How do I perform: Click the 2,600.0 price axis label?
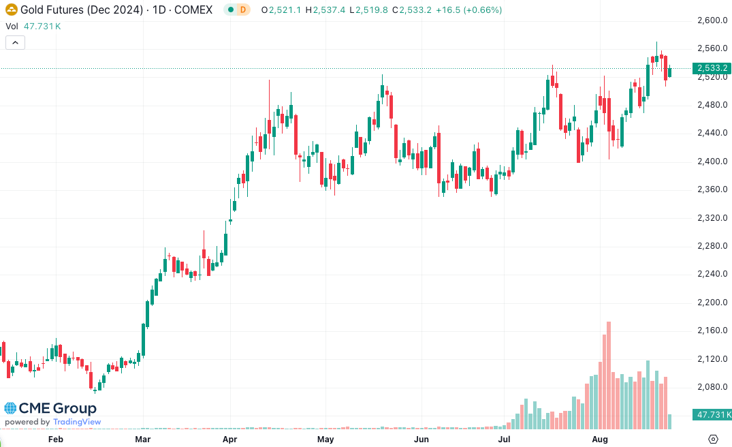pos(713,20)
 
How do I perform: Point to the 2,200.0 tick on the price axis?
pos(713,303)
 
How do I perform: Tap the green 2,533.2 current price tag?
pos(712,68)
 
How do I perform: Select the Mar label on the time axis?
pos(143,440)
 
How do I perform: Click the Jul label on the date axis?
pos(505,440)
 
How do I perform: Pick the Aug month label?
pos(600,440)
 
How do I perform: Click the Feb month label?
pos(55,440)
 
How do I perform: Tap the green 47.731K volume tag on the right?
pos(712,414)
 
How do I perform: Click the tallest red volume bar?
pos(608,375)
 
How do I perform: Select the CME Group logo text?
pos(57,409)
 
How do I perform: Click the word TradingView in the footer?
pos(77,422)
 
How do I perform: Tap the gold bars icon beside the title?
pos(11,10)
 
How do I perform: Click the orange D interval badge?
pos(242,10)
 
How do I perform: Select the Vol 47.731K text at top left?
pos(33,26)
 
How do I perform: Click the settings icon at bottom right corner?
pos(713,439)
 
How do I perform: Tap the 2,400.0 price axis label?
pos(713,161)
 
